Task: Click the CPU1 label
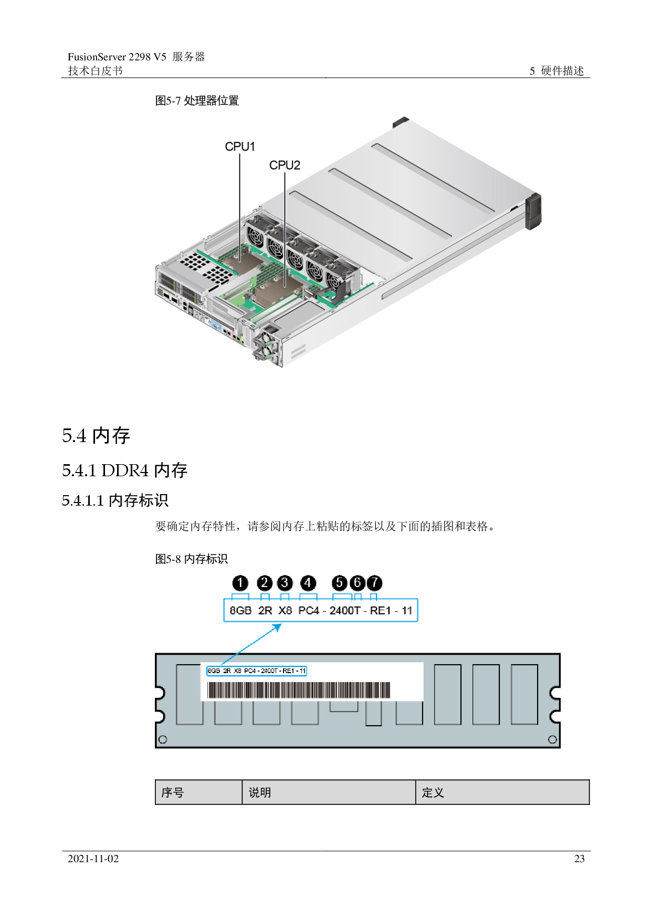click(240, 146)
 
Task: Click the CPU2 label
click(285, 165)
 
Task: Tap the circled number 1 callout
click(240, 583)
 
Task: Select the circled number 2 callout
click(265, 583)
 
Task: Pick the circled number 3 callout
click(285, 583)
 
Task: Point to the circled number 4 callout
click(308, 583)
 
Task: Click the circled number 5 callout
click(340, 583)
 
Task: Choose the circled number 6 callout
click(357, 583)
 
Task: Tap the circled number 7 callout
click(374, 583)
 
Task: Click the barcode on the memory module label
click(299, 690)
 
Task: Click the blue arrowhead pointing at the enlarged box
click(278, 626)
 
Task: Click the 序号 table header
click(173, 792)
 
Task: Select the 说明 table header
click(260, 792)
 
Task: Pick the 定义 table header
click(433, 792)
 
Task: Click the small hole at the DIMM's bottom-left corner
click(163, 739)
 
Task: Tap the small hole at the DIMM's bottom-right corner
click(552, 739)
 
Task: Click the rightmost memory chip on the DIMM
click(524, 694)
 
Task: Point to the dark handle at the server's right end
click(532, 211)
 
